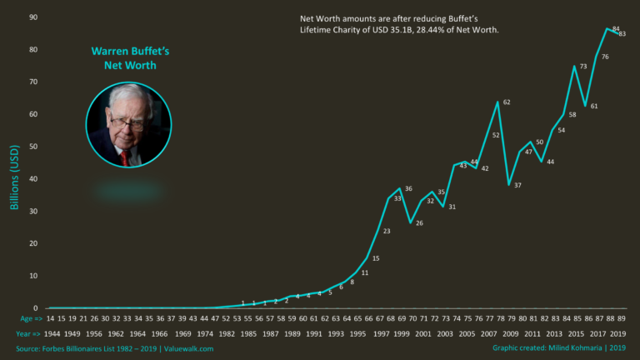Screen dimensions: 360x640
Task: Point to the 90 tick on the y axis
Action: [32, 17]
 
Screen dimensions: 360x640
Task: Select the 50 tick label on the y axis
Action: [32, 147]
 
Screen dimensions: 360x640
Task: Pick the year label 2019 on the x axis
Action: [618, 333]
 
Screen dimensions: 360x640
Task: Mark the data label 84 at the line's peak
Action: [614, 29]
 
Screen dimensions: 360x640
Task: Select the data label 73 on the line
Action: [583, 67]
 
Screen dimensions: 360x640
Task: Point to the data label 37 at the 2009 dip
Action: [517, 185]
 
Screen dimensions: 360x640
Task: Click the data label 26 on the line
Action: [419, 223]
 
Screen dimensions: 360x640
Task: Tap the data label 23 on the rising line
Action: [387, 232]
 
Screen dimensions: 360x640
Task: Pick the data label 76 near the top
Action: [604, 57]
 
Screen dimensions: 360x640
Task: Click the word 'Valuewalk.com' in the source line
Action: [185, 349]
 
